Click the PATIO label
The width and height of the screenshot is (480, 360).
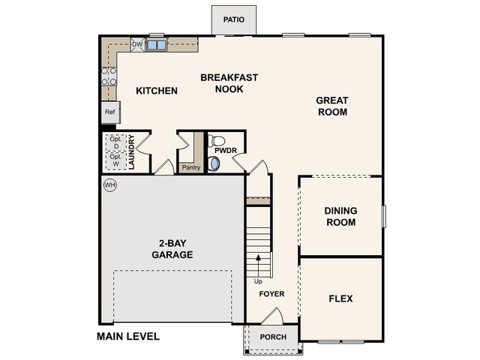click(233, 19)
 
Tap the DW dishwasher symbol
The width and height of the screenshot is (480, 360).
click(137, 45)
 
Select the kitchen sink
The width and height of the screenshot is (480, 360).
click(157, 45)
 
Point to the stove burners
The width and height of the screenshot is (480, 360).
click(109, 76)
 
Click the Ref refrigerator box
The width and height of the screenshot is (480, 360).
click(110, 112)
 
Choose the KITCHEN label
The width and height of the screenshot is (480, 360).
click(157, 91)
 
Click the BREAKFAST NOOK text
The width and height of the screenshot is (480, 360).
click(229, 82)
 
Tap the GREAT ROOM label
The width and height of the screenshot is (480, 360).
click(331, 106)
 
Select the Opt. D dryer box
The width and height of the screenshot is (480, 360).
click(115, 142)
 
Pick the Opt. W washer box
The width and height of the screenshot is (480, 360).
click(115, 160)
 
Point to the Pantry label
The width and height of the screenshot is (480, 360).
click(190, 167)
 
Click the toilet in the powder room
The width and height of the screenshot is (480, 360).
click(217, 140)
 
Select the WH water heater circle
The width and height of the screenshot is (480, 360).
click(109, 184)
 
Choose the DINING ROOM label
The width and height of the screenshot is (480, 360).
click(340, 216)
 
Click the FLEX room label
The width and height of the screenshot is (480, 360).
click(340, 298)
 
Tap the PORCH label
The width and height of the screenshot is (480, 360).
click(273, 337)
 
